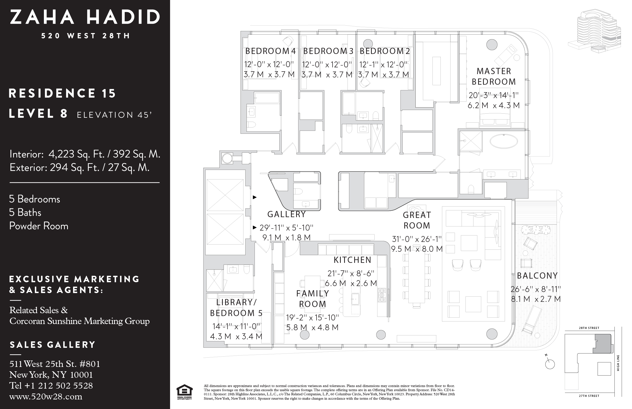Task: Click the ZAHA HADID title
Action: pos(85,17)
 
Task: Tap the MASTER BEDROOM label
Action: pos(494,76)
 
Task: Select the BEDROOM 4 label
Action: pos(270,51)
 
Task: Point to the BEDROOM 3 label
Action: pos(328,51)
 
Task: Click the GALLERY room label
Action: pos(287,214)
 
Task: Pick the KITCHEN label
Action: pos(352,260)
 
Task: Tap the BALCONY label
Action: pos(537,276)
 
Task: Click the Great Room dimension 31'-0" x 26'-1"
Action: pos(417,239)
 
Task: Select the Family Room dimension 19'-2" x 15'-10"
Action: pos(312,317)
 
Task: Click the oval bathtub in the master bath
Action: pos(503,141)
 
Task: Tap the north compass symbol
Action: pos(550,364)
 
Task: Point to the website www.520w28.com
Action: pos(46,397)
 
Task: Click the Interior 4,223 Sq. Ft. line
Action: pos(84,154)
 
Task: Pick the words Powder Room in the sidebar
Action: pos(39,226)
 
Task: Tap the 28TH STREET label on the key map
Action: pos(589,328)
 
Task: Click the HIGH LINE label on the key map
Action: pos(618,363)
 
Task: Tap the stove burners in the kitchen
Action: pos(382,295)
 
